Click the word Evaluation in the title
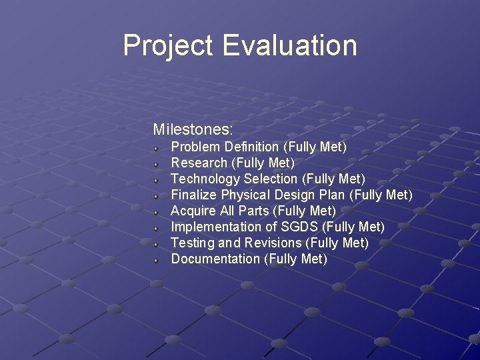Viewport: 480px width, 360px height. pyautogui.click(x=289, y=45)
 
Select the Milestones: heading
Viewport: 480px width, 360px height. pyautogui.click(x=193, y=129)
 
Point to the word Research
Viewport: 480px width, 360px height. pyautogui.click(x=199, y=163)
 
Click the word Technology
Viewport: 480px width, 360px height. pyautogui.click(x=205, y=179)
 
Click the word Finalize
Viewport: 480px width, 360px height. pyautogui.click(x=194, y=195)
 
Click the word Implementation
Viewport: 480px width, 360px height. pyautogui.click(x=217, y=227)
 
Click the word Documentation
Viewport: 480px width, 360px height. pyautogui.click(x=215, y=259)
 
